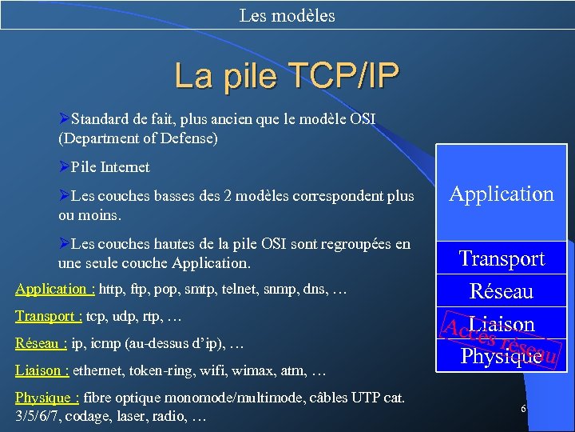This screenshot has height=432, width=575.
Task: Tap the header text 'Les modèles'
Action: coord(287,15)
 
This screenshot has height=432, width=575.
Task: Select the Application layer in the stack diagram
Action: coord(502,194)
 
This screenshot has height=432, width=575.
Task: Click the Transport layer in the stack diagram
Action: coord(502,258)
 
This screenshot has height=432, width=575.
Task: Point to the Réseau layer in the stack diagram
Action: coord(502,291)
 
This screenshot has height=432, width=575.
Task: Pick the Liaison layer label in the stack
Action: coord(502,324)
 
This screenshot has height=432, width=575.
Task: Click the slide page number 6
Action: coord(523,409)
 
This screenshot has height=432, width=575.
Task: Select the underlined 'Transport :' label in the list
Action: coord(49,316)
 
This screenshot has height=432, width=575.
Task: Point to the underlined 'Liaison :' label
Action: coord(42,371)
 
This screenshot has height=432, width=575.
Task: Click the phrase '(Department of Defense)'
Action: coord(138,138)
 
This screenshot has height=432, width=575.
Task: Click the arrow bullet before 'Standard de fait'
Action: coord(64,119)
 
